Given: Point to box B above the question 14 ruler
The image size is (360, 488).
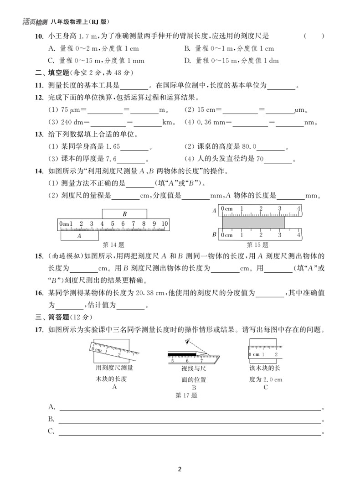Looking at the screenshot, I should [x=124, y=213].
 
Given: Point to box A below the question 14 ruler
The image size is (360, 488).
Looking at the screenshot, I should [x=79, y=236].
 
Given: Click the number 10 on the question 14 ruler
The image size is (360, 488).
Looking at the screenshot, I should [x=165, y=223].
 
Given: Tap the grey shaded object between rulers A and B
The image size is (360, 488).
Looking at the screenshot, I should [x=253, y=222].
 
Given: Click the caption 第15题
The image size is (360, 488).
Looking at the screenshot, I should [x=257, y=244].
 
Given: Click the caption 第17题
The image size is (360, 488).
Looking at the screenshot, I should [x=186, y=395].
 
